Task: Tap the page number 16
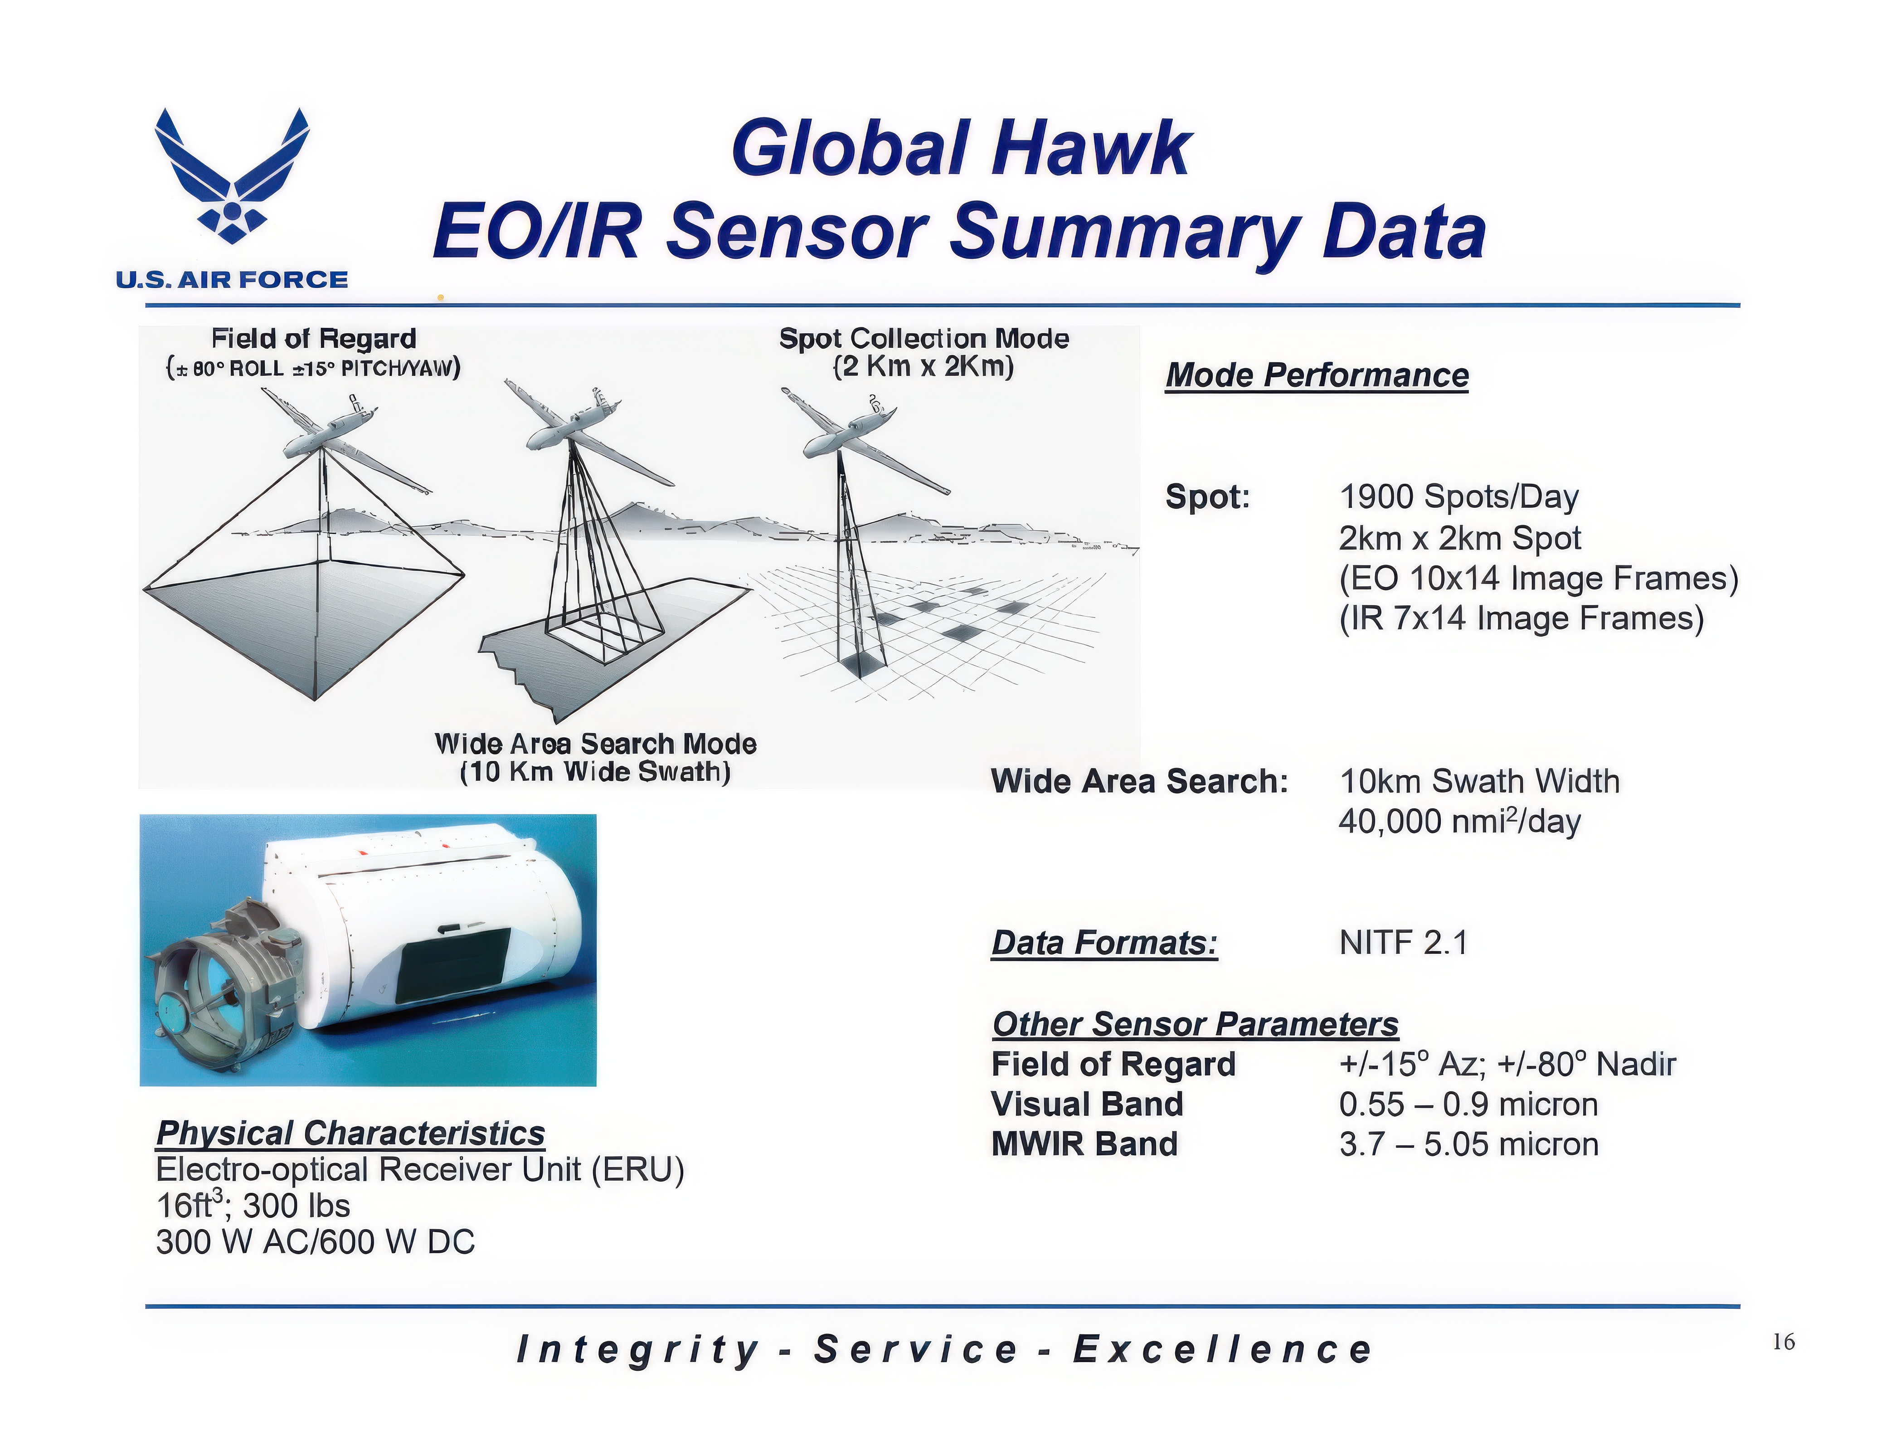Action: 1783,1341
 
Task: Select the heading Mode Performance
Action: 1317,376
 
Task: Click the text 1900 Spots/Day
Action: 1458,497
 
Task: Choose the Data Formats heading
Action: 1104,942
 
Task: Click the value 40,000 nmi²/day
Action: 1459,821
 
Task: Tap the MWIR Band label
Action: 1084,1144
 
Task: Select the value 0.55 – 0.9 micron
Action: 1468,1104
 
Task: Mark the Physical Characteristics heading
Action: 350,1132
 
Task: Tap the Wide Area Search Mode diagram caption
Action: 596,757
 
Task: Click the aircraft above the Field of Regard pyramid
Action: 345,440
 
